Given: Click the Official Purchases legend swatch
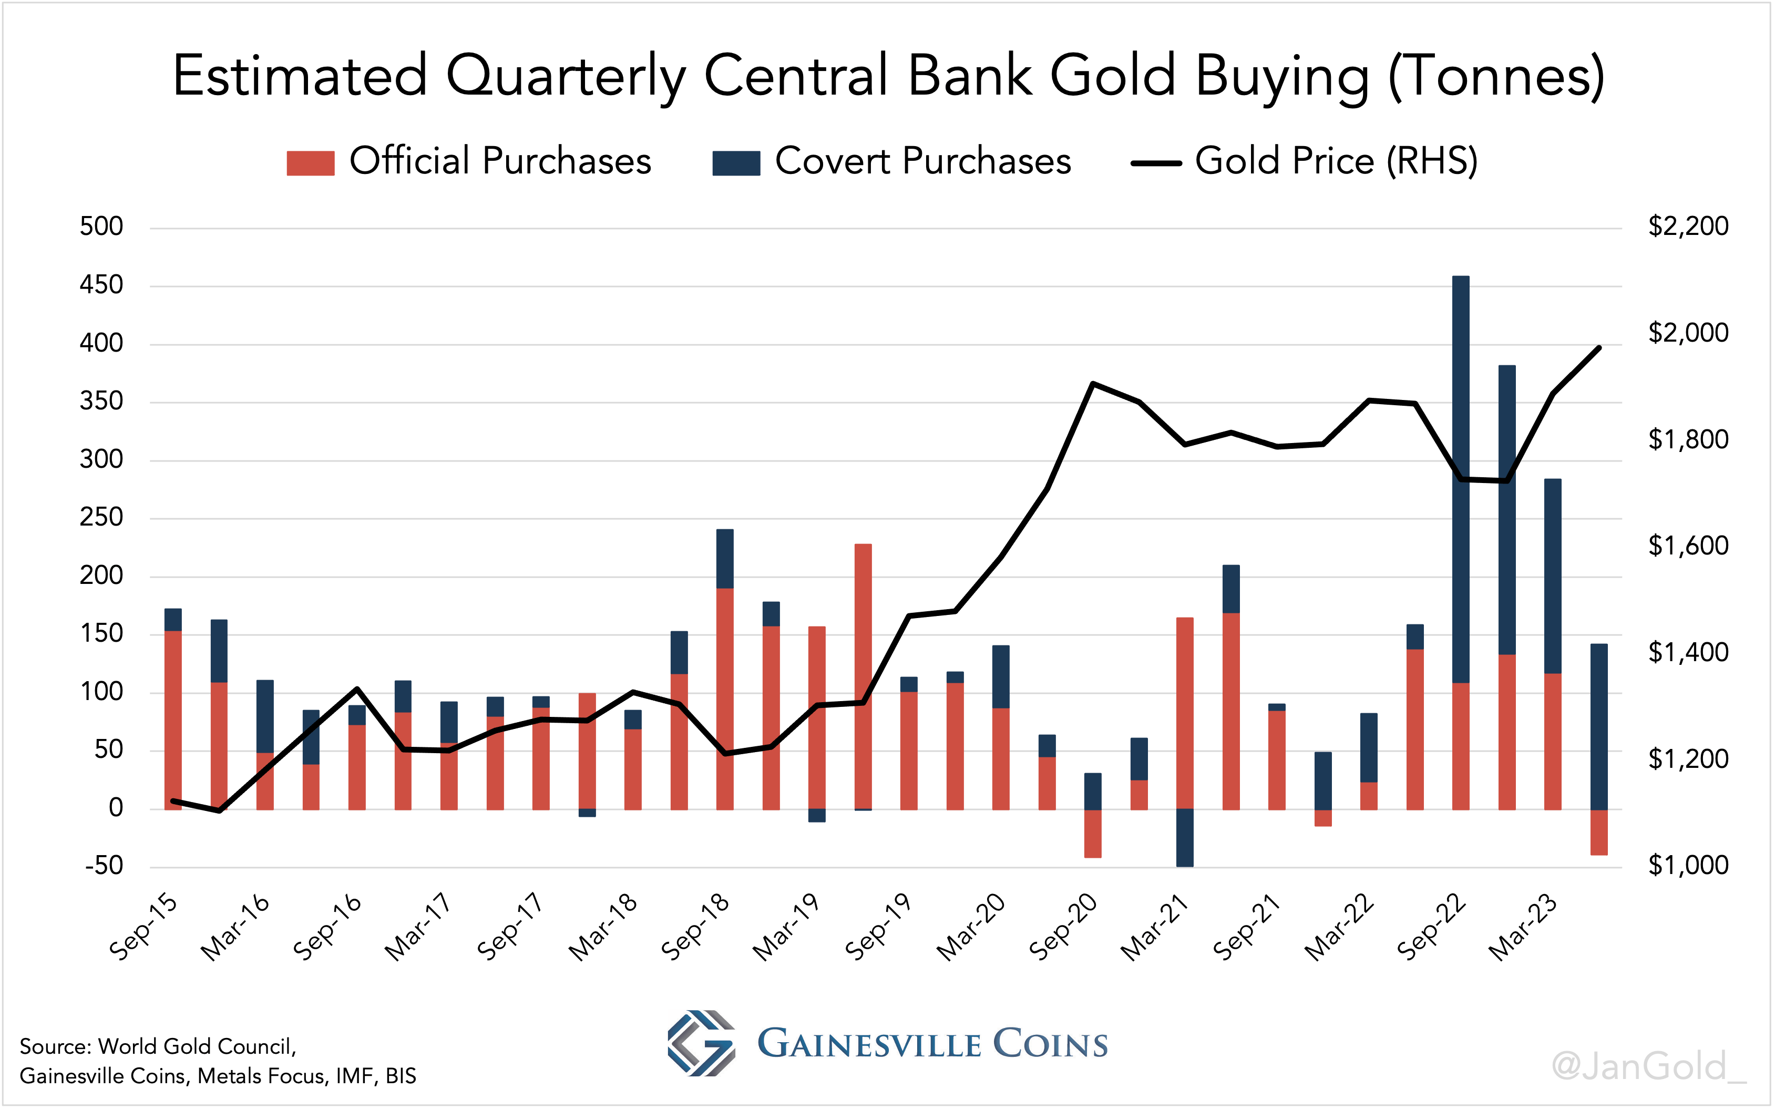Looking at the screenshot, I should (311, 163).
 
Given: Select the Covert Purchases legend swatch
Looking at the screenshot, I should (735, 163).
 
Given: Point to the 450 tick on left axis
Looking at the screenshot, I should (101, 285).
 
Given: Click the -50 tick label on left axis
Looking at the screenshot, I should (104, 866).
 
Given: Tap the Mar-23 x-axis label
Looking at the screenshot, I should (1523, 928).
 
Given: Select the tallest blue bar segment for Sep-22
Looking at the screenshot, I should (1461, 477).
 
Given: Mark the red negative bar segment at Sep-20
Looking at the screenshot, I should (1092, 833).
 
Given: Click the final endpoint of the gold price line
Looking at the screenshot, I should (1599, 347).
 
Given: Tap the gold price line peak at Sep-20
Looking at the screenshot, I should (1092, 383).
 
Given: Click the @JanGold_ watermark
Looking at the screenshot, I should (1647, 1066).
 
